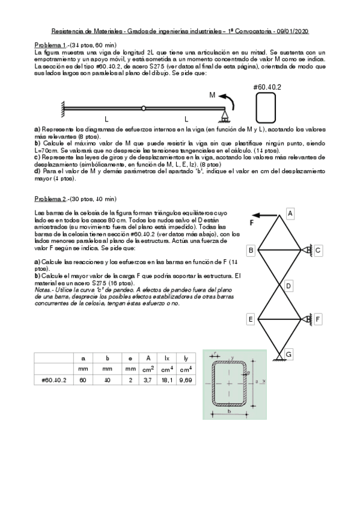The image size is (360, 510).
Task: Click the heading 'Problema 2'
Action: click(49, 198)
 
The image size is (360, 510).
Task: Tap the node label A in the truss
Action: click(289, 213)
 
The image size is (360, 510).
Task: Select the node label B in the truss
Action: click(251, 250)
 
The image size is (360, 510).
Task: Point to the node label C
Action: click(319, 250)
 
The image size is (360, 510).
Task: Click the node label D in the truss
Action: click(289, 285)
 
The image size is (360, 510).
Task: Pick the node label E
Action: click(251, 319)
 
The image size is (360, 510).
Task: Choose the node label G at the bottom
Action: click(289, 355)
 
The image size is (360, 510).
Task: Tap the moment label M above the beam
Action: click(212, 95)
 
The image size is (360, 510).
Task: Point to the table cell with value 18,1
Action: click(166, 379)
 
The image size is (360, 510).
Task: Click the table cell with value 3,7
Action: click(147, 379)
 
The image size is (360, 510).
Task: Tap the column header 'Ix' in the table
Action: click(166, 358)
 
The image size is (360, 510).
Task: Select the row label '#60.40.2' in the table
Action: click(54, 379)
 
